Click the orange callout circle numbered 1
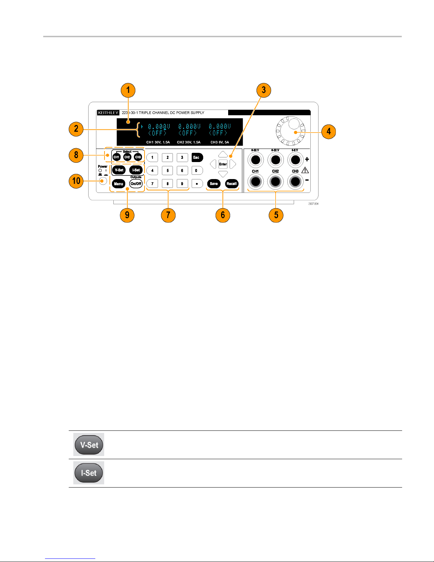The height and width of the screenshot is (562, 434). click(x=128, y=90)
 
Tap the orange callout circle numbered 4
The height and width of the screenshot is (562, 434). click(x=328, y=132)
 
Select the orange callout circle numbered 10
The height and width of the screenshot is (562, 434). click(x=76, y=181)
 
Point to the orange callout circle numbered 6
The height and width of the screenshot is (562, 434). click(x=223, y=215)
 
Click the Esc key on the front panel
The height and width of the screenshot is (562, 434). click(x=197, y=157)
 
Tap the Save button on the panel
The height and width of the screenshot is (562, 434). click(x=214, y=184)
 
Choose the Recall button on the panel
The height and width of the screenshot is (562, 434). click(x=231, y=184)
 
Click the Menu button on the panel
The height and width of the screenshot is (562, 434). click(x=119, y=184)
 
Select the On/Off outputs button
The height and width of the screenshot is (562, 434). click(x=136, y=184)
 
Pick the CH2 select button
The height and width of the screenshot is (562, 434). click(x=127, y=157)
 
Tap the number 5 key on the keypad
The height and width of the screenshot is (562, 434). click(x=168, y=171)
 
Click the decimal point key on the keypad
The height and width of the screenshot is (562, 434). click(x=197, y=184)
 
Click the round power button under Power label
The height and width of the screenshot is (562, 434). click(x=103, y=181)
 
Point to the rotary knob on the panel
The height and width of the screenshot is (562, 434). click(x=291, y=132)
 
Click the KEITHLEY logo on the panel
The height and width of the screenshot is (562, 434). click(x=108, y=113)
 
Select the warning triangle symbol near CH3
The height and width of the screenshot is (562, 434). click(x=305, y=170)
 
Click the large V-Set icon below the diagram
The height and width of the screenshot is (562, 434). click(x=89, y=445)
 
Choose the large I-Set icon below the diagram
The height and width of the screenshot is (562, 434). click(x=89, y=473)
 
